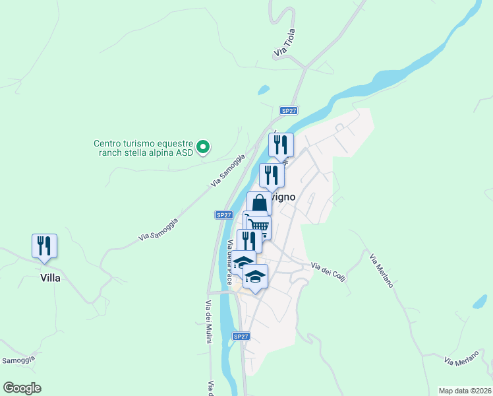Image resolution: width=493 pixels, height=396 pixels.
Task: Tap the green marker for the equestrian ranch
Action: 204,147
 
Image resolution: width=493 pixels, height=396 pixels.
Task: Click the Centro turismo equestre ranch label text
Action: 143,147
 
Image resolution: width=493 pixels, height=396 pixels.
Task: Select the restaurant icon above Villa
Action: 44,246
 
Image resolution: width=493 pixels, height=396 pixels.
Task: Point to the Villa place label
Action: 49,278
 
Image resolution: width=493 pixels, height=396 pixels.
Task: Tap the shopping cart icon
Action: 258,226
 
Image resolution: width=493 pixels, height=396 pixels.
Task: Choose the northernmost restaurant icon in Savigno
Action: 281,144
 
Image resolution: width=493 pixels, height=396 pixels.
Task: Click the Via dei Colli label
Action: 328,271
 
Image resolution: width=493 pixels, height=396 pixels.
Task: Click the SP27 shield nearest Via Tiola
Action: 288,111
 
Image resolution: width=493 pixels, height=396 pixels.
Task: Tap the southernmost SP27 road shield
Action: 241,337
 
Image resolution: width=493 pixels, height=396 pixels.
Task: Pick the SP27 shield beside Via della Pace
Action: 224,215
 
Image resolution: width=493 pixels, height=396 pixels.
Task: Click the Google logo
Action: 22,388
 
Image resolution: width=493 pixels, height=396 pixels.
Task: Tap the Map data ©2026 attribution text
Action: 465,391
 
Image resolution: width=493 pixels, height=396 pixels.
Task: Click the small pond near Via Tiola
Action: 264,90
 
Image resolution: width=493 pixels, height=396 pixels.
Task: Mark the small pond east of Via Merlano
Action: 480,302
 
